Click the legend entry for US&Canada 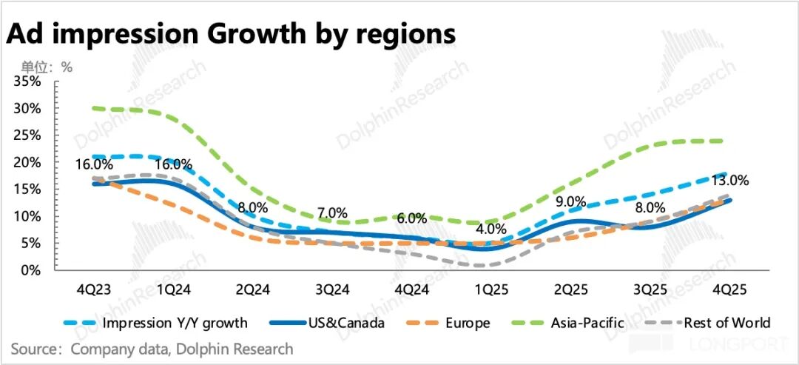pos(347,323)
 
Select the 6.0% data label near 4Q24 pos(412,219)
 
